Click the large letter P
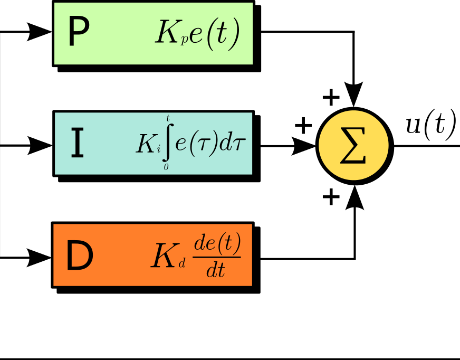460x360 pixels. click(x=79, y=33)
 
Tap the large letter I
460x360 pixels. click(x=77, y=144)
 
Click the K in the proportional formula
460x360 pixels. click(x=168, y=34)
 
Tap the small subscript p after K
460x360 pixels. click(x=184, y=41)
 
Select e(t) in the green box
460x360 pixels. click(x=214, y=34)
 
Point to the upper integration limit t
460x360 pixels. click(x=168, y=119)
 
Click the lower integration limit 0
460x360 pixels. click(x=166, y=167)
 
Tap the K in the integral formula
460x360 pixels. click(x=146, y=144)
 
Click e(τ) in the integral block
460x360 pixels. click(x=197, y=143)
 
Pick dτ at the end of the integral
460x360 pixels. click(x=233, y=143)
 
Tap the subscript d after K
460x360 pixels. click(x=182, y=263)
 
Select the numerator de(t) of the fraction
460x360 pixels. click(x=217, y=244)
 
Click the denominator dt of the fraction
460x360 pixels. click(x=216, y=270)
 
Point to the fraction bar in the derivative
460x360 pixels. click(x=217, y=258)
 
